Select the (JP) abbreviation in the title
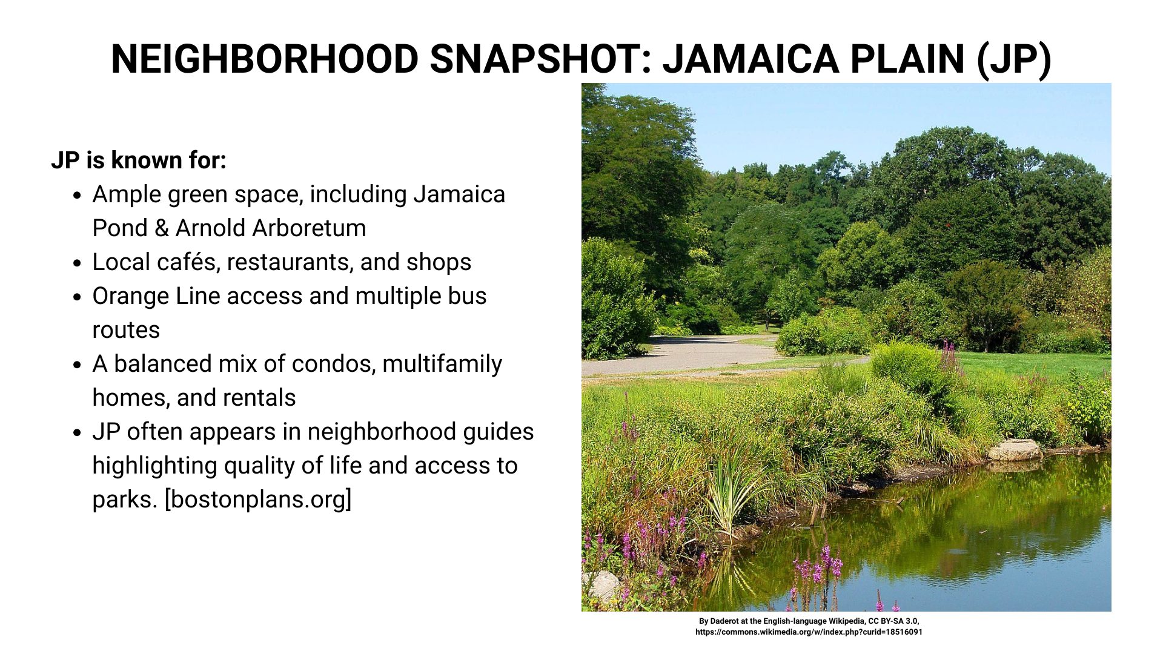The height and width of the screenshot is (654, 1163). [1014, 59]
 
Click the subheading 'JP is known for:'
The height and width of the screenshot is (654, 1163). [139, 160]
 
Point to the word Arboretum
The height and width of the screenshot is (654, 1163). [309, 228]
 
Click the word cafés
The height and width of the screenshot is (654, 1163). [188, 262]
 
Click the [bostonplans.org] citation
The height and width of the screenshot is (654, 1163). [258, 499]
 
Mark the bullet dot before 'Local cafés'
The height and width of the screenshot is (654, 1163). [77, 263]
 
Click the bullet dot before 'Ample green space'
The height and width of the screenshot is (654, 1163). [77, 196]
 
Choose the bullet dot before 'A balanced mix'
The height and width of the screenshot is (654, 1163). [77, 365]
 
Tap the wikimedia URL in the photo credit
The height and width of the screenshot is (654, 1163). [809, 632]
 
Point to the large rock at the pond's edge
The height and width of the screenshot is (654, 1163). [1015, 450]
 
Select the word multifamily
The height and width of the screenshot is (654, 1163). [442, 364]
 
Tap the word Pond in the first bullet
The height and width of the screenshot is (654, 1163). [119, 228]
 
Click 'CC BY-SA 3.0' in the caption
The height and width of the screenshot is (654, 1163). [893, 621]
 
